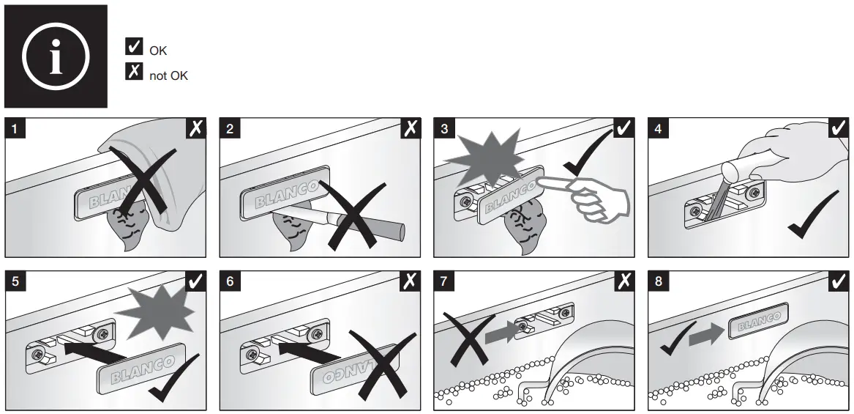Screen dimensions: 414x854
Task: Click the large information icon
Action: click(56, 56)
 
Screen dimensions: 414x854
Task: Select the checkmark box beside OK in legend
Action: click(134, 48)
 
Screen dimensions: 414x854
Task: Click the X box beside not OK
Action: click(134, 73)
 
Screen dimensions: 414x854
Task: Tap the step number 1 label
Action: click(16, 129)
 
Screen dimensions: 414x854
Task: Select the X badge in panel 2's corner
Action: click(411, 129)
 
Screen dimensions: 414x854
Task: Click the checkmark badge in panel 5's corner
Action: click(196, 282)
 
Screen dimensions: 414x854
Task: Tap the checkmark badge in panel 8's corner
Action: click(839, 282)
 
